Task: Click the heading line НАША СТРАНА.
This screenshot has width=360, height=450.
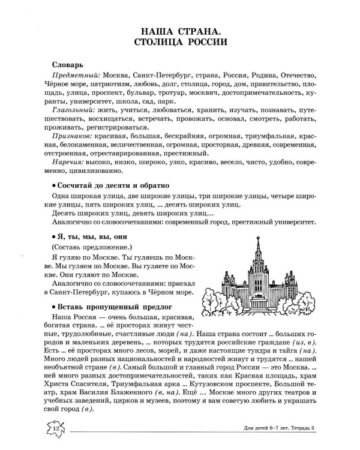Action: pyautogui.click(x=179, y=29)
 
